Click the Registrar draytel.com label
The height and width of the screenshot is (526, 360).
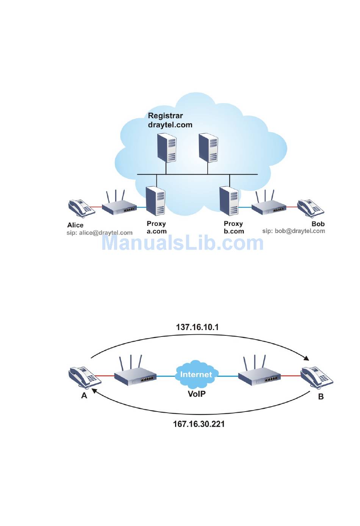(170, 120)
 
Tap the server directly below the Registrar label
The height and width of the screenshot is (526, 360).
(167, 147)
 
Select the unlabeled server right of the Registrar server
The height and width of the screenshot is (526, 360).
(208, 147)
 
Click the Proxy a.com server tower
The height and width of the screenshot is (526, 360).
(155, 201)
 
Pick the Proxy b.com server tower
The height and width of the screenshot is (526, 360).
(229, 201)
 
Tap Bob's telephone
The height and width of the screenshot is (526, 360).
(310, 208)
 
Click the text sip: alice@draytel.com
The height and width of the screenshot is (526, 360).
(100, 233)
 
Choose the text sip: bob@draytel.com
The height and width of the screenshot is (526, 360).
(294, 231)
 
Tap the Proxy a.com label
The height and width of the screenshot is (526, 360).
(157, 227)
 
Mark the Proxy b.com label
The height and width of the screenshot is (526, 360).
(234, 227)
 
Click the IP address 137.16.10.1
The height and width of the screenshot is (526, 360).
(197, 327)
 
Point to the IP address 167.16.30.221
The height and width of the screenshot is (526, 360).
(199, 424)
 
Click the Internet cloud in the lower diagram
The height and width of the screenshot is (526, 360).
(196, 374)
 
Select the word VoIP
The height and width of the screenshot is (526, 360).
(197, 394)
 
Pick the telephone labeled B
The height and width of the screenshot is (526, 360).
(316, 377)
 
